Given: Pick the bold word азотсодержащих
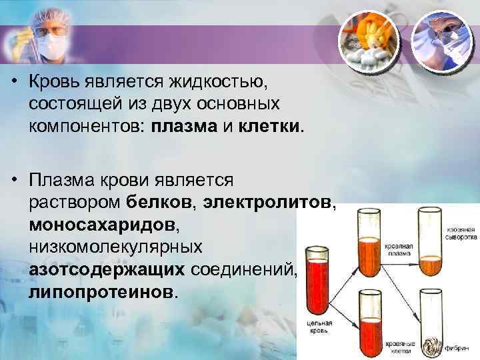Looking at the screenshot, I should pos(107,269).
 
